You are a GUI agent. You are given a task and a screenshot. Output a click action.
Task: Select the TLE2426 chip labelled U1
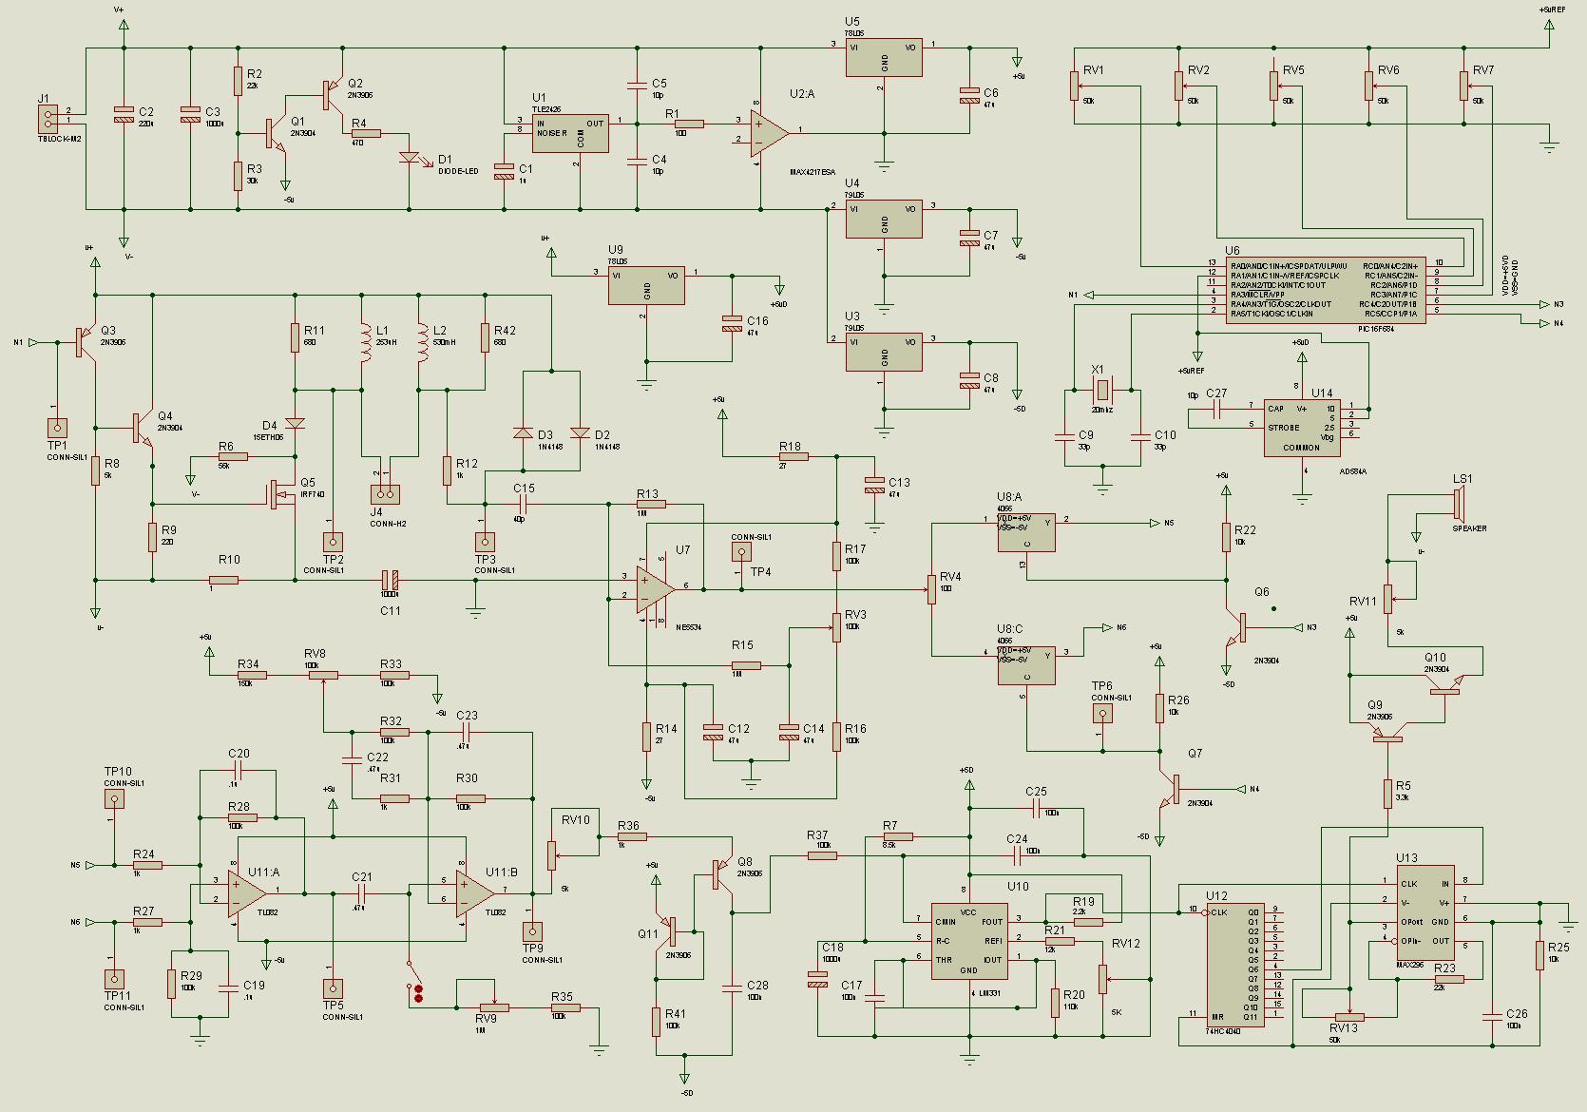pyautogui.click(x=569, y=132)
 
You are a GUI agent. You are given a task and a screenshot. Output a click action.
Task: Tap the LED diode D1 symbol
pyautogui.click(x=410, y=158)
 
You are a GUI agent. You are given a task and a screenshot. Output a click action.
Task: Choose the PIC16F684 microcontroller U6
pyautogui.click(x=1325, y=290)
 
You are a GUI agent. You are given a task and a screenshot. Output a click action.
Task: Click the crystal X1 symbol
pyautogui.click(x=1102, y=389)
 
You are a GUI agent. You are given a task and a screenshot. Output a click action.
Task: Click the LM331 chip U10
pyautogui.click(x=968, y=941)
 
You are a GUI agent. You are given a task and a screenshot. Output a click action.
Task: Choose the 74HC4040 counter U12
pyautogui.click(x=1235, y=962)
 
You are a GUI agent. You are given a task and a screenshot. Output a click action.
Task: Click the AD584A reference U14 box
pyautogui.click(x=1302, y=427)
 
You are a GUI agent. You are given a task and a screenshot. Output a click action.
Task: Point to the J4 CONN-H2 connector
pyautogui.click(x=385, y=494)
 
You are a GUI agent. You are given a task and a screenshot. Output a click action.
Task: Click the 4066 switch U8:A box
pyautogui.click(x=1026, y=532)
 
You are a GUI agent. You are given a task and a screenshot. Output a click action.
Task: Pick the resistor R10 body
pyautogui.click(x=223, y=580)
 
